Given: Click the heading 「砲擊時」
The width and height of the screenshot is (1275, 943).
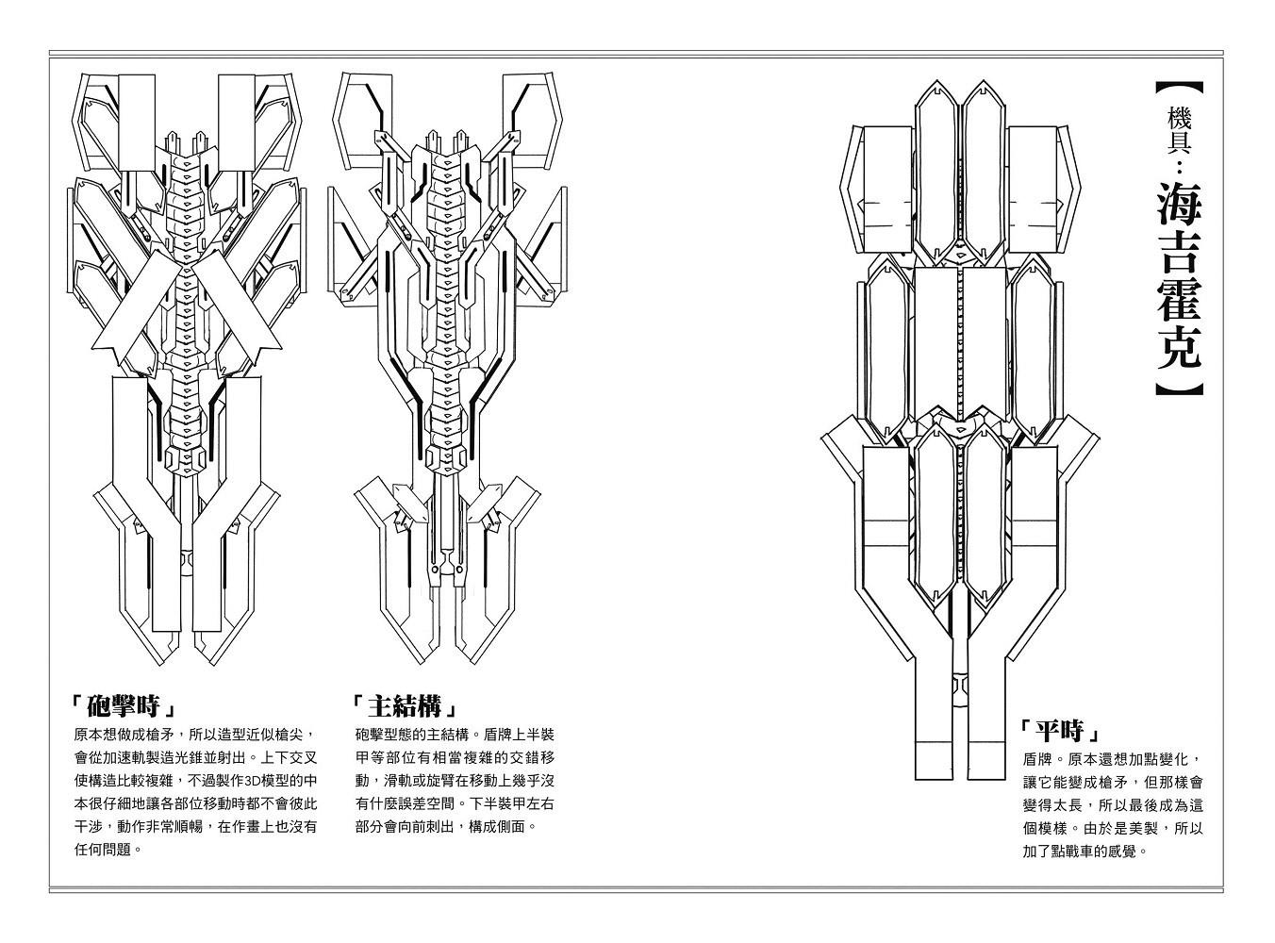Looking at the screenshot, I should click(123, 706).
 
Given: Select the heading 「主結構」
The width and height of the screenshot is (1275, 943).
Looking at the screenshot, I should click(404, 706).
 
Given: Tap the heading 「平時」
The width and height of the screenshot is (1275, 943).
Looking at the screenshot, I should click(1061, 731).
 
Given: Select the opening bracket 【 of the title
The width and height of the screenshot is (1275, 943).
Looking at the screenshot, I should click(1179, 89).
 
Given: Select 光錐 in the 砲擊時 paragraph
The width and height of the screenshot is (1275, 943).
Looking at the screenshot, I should click(189, 757).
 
